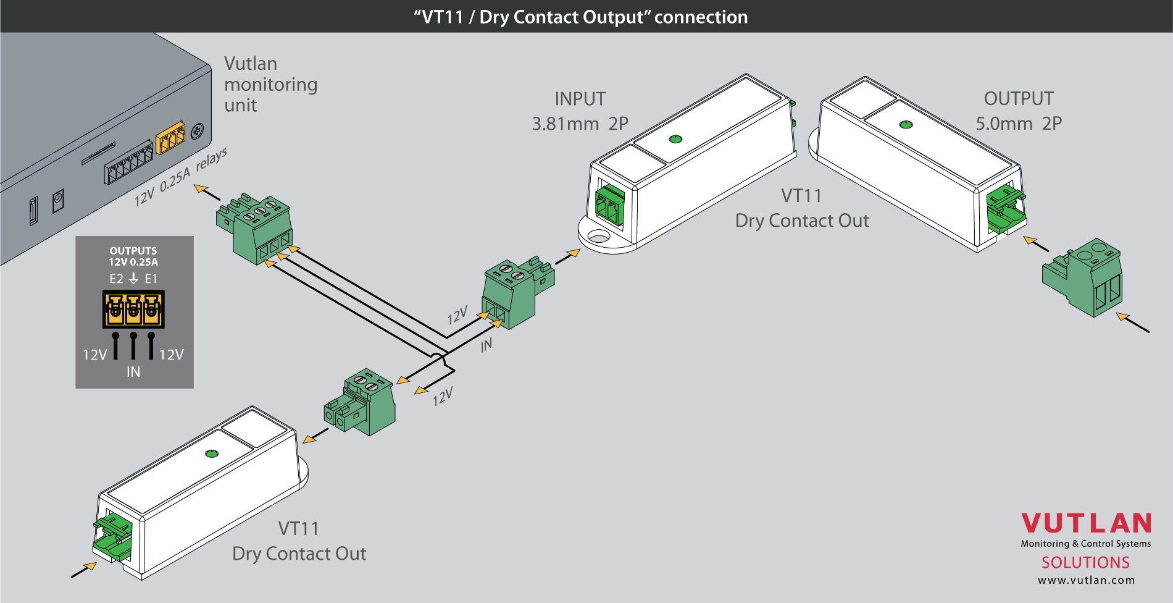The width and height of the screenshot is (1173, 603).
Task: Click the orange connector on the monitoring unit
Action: (170, 138)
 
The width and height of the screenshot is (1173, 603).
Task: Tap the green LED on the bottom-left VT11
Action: (211, 454)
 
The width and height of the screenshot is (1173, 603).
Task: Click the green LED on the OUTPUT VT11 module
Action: (906, 125)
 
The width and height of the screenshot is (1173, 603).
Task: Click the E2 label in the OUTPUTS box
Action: (116, 279)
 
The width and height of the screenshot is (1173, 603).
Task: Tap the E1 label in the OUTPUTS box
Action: (151, 279)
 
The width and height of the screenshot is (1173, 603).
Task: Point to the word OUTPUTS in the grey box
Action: (133, 251)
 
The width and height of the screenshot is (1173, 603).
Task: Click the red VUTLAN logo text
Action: (1086, 524)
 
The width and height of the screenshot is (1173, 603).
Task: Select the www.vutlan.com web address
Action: (1086, 580)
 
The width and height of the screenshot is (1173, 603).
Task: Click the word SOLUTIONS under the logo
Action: (1085, 562)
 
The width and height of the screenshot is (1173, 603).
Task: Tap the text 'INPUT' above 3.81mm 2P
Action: (580, 99)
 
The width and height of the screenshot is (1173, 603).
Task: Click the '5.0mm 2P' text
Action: (1019, 124)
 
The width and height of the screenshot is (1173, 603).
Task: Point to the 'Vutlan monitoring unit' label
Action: (270, 84)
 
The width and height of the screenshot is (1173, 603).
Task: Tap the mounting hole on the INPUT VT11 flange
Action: (598, 236)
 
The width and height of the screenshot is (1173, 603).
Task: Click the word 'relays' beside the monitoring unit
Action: (211, 160)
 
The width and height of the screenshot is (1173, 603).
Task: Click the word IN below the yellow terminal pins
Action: (133, 372)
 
